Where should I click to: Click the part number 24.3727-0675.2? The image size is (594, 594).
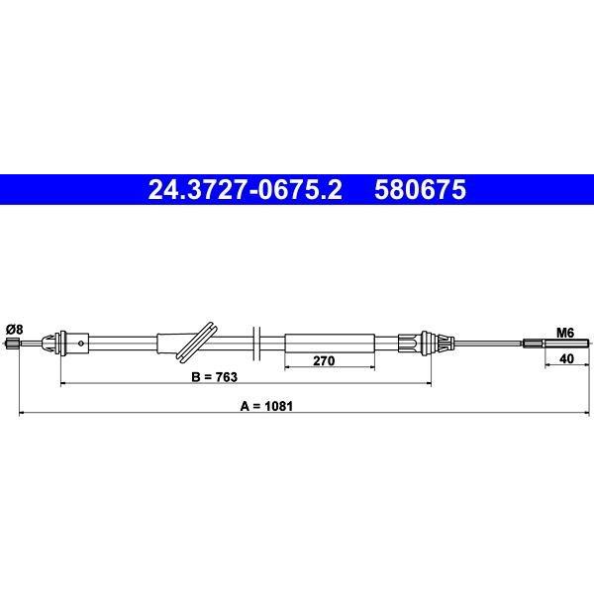(245, 189)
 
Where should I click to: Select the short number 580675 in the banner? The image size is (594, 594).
(420, 189)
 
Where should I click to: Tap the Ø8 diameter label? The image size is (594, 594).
(15, 330)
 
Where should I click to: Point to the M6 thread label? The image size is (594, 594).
(565, 333)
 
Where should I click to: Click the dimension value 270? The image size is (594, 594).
(324, 360)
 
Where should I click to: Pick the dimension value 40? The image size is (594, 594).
(566, 358)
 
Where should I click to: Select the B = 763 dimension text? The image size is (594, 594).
(215, 377)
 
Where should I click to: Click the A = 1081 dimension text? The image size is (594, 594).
(266, 406)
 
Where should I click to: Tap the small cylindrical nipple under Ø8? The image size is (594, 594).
(13, 344)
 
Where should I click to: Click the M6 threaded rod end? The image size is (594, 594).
(566, 344)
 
